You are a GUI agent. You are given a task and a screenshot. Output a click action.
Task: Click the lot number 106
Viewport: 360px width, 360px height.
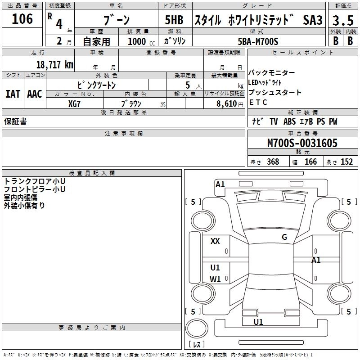22,19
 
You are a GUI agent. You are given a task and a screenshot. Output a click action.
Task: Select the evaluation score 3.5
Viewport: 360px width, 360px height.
342,21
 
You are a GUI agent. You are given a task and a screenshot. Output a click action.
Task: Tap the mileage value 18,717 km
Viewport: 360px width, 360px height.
54,64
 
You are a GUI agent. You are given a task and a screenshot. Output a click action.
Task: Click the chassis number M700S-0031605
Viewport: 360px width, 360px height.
302,144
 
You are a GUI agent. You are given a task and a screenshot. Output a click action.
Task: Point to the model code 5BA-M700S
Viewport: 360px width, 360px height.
258,41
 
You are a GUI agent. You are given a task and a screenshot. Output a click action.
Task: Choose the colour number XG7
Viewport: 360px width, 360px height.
75,103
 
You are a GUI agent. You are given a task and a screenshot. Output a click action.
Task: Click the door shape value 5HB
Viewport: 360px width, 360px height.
174,20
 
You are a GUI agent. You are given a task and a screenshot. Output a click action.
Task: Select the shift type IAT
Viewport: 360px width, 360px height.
13,94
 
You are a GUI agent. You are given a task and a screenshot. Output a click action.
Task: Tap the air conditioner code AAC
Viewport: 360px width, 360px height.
34,94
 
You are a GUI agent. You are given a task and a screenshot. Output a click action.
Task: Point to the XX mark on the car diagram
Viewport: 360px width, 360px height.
215,241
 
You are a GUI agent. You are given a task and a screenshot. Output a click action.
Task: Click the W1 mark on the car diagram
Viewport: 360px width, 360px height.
215,279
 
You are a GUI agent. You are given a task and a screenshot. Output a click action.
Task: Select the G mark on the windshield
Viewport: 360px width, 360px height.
284,237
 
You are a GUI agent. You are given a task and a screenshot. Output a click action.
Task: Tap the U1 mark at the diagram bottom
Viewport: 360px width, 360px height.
258,322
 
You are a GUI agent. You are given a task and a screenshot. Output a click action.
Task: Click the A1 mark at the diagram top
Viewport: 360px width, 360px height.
220,184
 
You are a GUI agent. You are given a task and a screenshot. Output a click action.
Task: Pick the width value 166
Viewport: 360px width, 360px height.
310,162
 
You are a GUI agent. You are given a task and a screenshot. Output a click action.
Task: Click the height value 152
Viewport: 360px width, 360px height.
346,162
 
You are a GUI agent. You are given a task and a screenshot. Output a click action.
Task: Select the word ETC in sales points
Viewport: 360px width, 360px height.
258,102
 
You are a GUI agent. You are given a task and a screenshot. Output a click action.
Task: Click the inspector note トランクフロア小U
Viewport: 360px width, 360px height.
35,181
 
